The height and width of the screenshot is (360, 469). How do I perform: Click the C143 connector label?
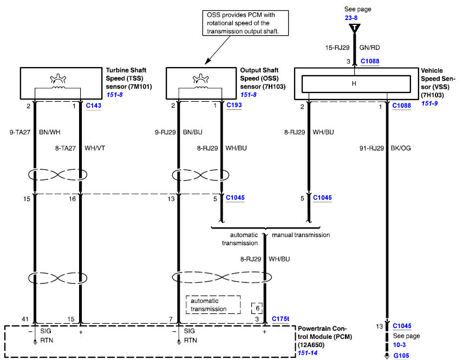click(93, 106)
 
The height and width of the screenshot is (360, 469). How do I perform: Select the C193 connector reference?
click(234, 105)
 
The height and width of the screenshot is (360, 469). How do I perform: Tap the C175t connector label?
click(281, 319)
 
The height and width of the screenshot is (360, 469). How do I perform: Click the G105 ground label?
click(401, 356)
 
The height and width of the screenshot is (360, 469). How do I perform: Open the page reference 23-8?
click(351, 18)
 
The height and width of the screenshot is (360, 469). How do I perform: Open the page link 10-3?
click(399, 345)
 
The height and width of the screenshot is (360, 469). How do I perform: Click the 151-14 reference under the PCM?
click(308, 353)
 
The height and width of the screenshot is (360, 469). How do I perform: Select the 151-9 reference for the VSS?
click(429, 103)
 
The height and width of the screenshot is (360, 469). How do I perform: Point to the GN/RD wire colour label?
click(369, 48)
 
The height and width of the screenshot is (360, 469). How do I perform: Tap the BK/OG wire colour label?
click(401, 148)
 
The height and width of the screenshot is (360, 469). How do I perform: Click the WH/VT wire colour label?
click(95, 148)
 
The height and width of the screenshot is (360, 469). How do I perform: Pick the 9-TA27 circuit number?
click(20, 132)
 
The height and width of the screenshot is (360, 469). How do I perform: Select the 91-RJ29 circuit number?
click(372, 148)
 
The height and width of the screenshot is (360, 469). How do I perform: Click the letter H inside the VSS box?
click(354, 83)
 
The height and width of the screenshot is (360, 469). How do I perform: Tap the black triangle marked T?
click(354, 28)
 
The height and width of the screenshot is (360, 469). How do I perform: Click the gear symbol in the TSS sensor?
click(58, 78)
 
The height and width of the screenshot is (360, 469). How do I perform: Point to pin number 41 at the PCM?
click(25, 319)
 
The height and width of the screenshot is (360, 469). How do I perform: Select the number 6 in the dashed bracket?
click(257, 308)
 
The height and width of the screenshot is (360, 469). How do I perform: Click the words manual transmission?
click(301, 235)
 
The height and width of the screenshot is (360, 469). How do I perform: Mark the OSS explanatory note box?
click(245, 23)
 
